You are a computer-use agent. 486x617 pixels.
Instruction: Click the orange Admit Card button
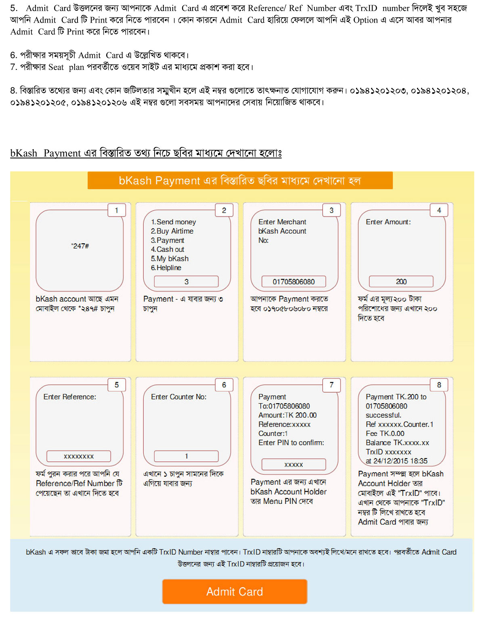pos(235,592)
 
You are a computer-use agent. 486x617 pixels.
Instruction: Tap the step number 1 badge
pos(117,210)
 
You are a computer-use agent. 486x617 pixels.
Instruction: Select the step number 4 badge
pos(439,210)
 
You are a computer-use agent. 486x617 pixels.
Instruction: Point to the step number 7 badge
pos(331,385)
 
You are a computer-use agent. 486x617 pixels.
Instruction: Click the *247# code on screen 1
pos(80,246)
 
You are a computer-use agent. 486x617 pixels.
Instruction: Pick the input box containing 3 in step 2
pos(186,282)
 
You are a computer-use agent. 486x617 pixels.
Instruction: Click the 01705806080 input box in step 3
pos(293,282)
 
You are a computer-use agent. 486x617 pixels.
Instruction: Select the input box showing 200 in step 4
pos(401,282)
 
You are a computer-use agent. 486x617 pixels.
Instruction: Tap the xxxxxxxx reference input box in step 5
pos(79,456)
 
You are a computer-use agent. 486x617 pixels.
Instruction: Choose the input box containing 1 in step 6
pos(186,456)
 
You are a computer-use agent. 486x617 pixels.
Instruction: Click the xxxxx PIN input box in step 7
pos(293,465)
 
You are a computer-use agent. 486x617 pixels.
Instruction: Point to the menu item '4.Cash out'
pos(168,249)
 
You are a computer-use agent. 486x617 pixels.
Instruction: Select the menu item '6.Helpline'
pos(166,267)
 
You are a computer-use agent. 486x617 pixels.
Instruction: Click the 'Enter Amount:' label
pos(388,222)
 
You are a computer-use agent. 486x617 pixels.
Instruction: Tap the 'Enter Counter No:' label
pos(178,397)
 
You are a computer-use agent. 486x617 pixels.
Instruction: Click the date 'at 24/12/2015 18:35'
pos(396,461)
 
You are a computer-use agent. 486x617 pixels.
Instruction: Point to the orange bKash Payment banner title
pos(240,181)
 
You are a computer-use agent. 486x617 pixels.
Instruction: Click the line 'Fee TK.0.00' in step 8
pos(385,434)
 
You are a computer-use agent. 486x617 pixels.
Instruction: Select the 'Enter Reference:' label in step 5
pos(70,397)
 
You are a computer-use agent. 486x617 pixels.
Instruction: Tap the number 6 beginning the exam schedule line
pos(13,55)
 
